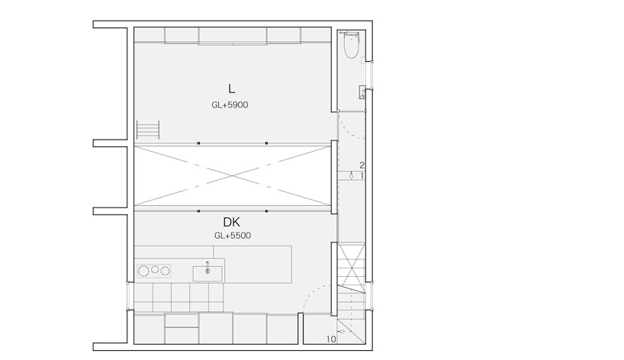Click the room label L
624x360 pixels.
coord(231,88)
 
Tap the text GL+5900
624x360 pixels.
coord(230,105)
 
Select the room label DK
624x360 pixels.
coord(232,222)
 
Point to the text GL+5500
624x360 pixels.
coord(233,236)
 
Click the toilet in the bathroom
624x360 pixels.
coord(351,45)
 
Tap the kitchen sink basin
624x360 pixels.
coord(207,274)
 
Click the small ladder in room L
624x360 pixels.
coord(148,130)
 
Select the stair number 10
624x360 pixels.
coord(331,339)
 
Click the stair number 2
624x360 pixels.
coord(362,165)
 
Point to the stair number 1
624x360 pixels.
coord(362,175)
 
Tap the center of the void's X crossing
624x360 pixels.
coord(233,175)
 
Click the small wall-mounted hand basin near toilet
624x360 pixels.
coord(362,92)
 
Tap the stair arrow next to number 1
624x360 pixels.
coord(352,175)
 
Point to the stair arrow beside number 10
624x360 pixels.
coord(342,330)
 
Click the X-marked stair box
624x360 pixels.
coord(352,264)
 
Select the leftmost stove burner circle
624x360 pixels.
coord(143,272)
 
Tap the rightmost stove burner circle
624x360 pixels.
coord(165,272)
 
